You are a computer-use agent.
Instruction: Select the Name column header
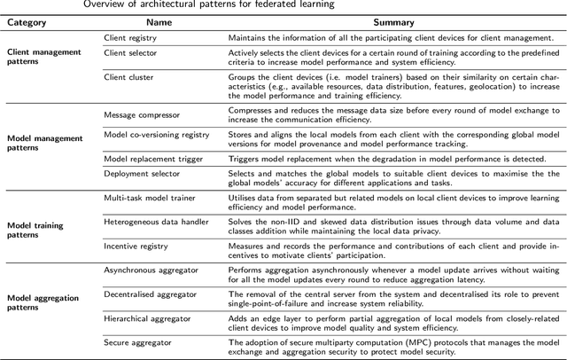click(159, 21)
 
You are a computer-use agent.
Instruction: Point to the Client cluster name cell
click(128, 78)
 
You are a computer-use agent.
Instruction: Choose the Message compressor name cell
click(142, 115)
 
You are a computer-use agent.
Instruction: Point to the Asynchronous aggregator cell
click(151, 268)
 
